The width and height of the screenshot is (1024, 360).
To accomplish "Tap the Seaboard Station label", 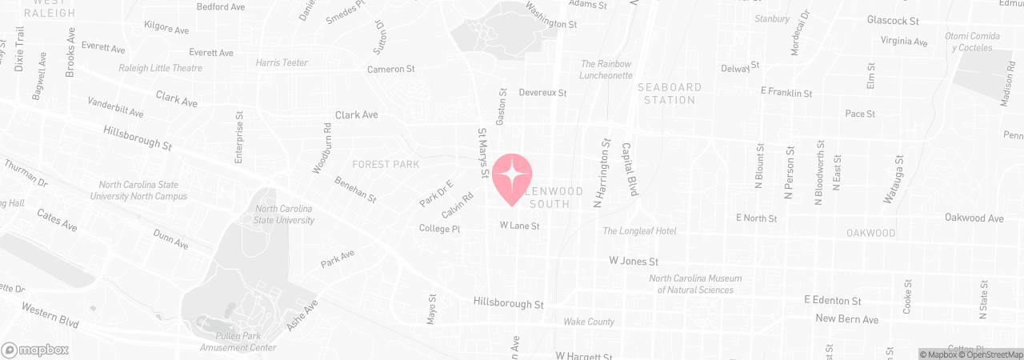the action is tap(670, 94).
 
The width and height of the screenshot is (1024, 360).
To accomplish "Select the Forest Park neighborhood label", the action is tap(385, 165).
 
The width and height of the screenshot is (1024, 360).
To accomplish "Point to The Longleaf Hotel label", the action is tap(639, 231).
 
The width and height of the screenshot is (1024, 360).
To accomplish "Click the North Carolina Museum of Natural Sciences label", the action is tap(695, 284).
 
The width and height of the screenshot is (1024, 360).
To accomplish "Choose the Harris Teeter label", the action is tap(282, 62).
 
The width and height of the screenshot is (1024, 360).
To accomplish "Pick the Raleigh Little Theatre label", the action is tap(160, 68).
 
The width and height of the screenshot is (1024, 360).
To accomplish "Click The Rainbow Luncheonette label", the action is tap(606, 69).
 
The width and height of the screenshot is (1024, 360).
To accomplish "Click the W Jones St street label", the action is tap(634, 261).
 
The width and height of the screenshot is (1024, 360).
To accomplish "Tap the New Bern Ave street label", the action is tap(846, 319).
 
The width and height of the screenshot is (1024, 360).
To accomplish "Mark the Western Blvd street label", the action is tap(50, 314).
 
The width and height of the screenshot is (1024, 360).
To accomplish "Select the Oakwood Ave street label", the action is tap(974, 218).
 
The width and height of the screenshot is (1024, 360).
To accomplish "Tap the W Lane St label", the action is tap(520, 226).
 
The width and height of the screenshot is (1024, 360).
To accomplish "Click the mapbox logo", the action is tap(35, 350).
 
